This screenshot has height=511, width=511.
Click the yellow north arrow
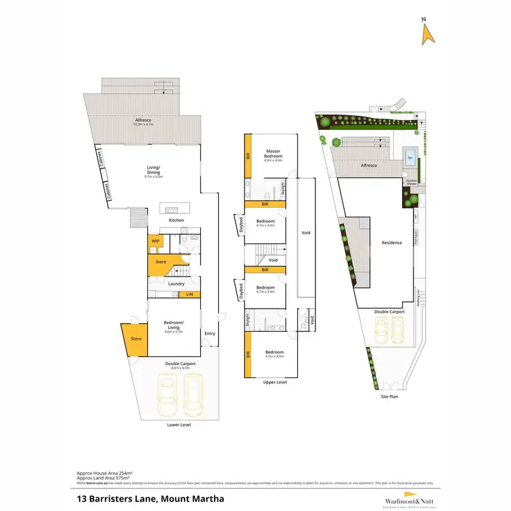pos(429,34)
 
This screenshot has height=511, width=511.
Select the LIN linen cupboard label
pos(190,294)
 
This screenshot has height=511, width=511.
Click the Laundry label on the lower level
pos(176,283)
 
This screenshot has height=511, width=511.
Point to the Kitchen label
pos(176,220)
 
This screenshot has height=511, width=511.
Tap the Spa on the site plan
pos(409,157)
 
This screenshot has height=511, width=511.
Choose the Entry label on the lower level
pos(209,333)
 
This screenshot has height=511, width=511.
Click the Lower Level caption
pos(179,424)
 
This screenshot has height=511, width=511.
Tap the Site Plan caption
pos(389,395)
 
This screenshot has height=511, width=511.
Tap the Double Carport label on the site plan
pos(389,311)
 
